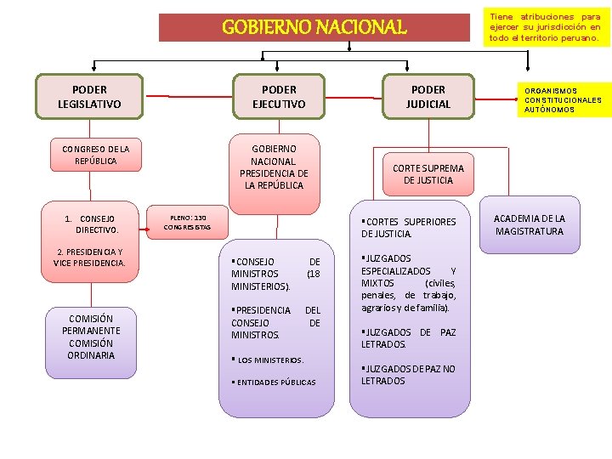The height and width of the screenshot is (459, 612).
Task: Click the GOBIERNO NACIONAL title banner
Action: click(314, 27)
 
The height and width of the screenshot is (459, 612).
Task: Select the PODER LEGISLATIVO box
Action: click(89, 97)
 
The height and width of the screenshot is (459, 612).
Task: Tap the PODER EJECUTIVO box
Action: click(279, 97)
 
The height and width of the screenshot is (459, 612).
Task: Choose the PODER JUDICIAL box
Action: click(428, 97)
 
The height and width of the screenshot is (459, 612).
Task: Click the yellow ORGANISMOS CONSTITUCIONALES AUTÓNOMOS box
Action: click(562, 100)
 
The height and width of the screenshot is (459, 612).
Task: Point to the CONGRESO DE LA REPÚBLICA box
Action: click(89, 155)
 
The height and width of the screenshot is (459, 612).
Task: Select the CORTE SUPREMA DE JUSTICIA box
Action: click(428, 174)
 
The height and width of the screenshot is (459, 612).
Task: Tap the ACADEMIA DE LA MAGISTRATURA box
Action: click(529, 225)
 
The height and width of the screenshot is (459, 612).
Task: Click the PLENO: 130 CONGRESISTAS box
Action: click(187, 223)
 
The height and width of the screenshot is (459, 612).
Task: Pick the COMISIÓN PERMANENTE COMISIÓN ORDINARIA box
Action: click(90, 337)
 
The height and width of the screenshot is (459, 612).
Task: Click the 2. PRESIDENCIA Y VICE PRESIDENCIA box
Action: click(89, 258)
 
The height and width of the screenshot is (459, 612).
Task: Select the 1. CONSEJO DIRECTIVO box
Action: click(90, 224)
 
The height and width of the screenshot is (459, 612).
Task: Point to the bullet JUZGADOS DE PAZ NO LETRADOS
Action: click(408, 375)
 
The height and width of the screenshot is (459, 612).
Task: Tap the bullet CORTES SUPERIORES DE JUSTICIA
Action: click(409, 228)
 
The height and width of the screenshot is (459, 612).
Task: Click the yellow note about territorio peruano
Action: click(545, 27)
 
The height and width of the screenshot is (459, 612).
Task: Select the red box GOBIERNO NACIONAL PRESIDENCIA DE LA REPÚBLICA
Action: click(274, 167)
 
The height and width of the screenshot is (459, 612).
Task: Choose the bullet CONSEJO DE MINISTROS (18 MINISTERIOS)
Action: click(275, 274)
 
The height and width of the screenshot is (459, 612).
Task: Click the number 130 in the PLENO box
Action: click(200, 218)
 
